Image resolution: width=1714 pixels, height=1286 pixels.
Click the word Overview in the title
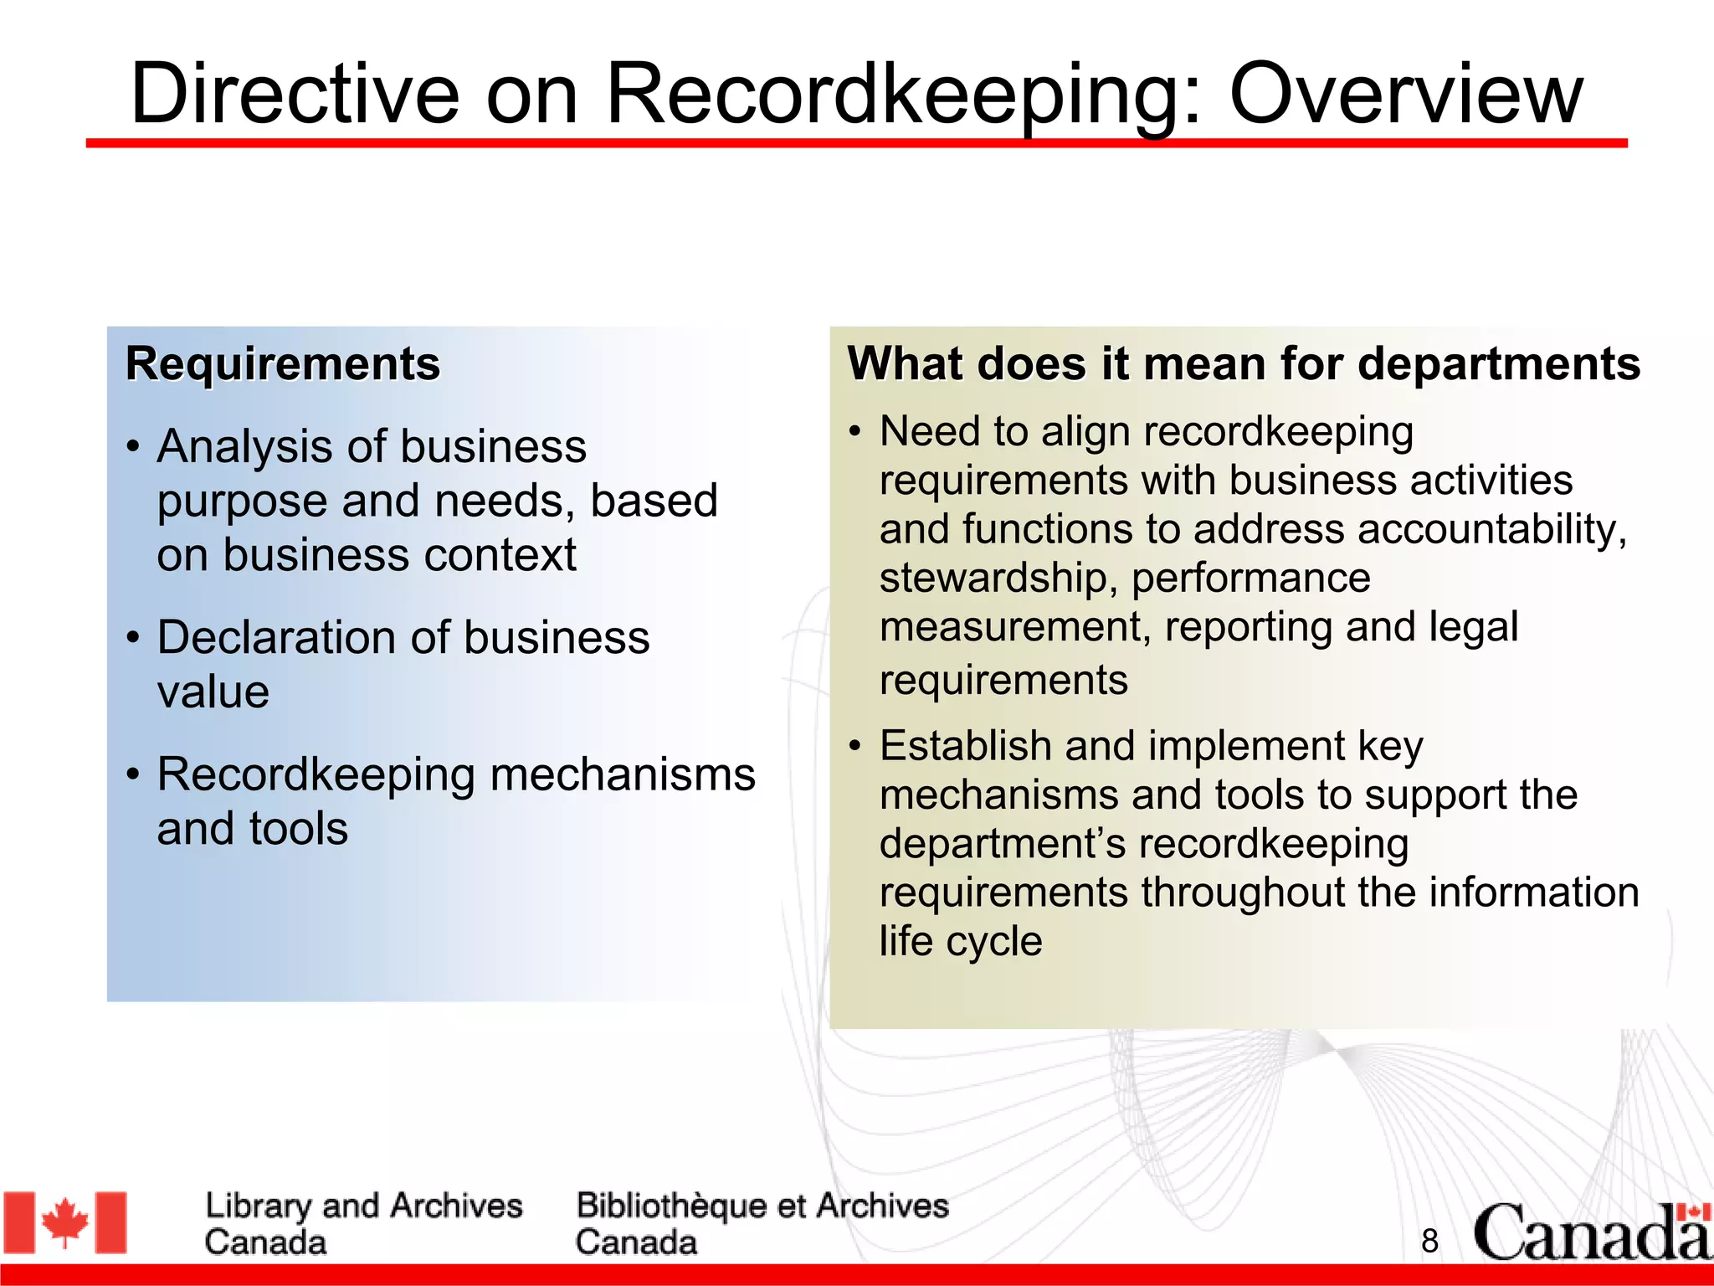1405,94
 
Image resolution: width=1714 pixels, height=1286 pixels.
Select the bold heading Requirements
283,364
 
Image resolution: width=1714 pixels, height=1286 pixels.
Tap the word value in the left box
213,692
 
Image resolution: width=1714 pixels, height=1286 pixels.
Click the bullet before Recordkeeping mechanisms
133,774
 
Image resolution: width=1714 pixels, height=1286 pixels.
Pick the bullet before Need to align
854,432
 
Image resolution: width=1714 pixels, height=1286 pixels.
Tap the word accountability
1491,529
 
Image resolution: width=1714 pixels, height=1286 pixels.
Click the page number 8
1429,1241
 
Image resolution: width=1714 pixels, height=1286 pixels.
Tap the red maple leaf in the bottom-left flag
65,1222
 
